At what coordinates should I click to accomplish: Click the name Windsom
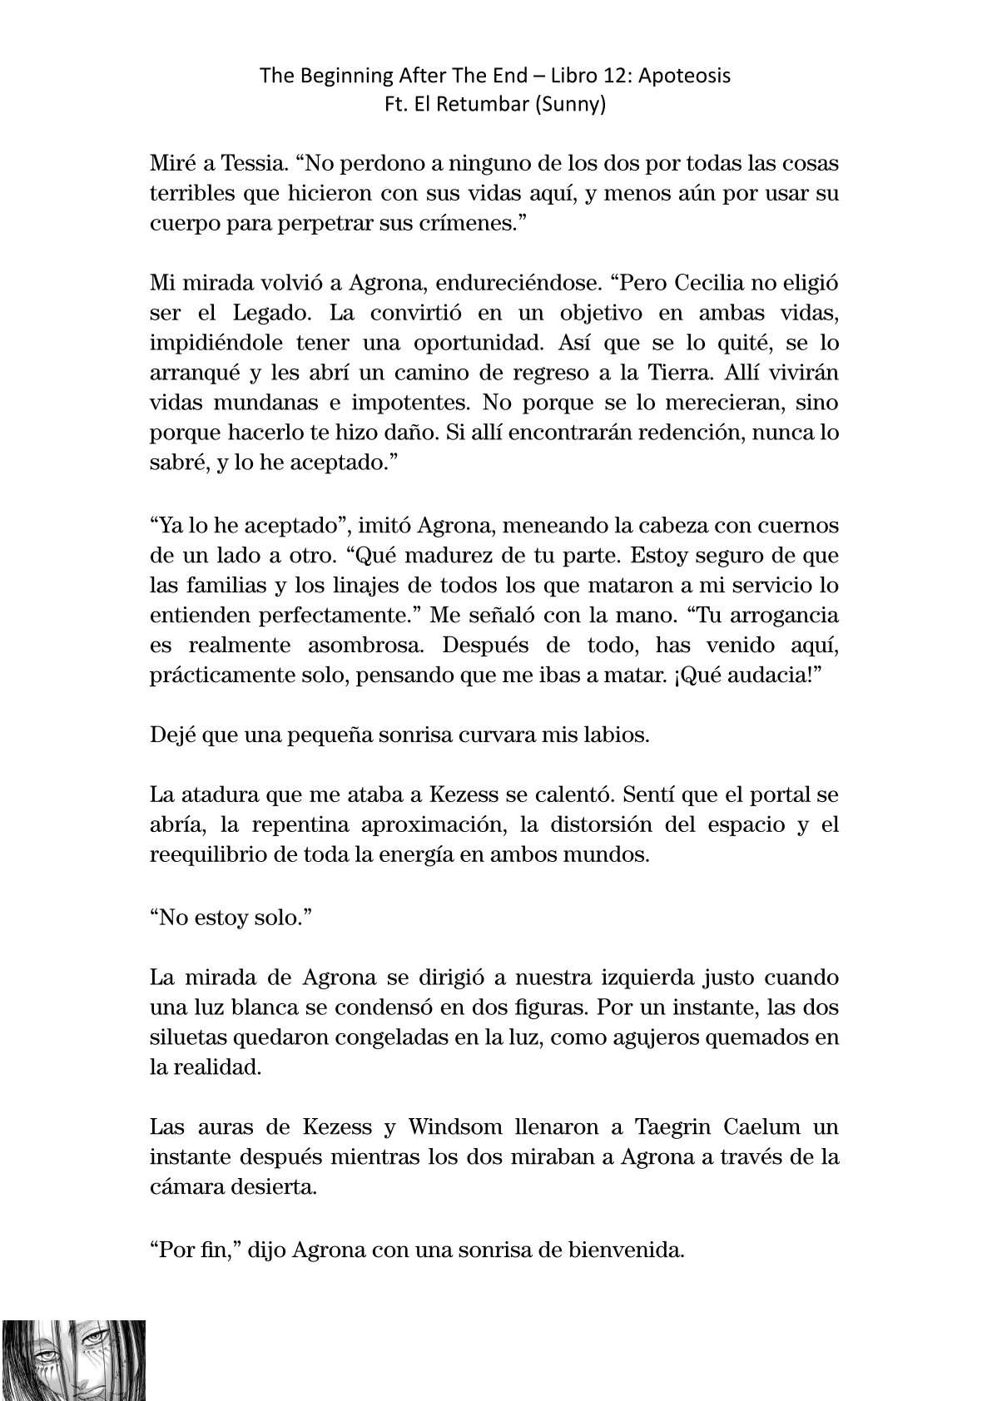pyautogui.click(x=455, y=1127)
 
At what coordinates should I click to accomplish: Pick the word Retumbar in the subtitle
pyautogui.click(x=462, y=106)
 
